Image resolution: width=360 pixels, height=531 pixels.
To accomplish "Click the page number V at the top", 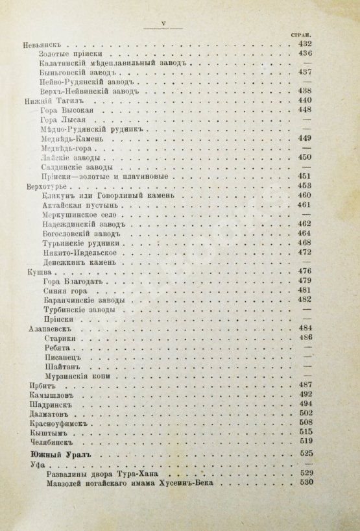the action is pos(164,25).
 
